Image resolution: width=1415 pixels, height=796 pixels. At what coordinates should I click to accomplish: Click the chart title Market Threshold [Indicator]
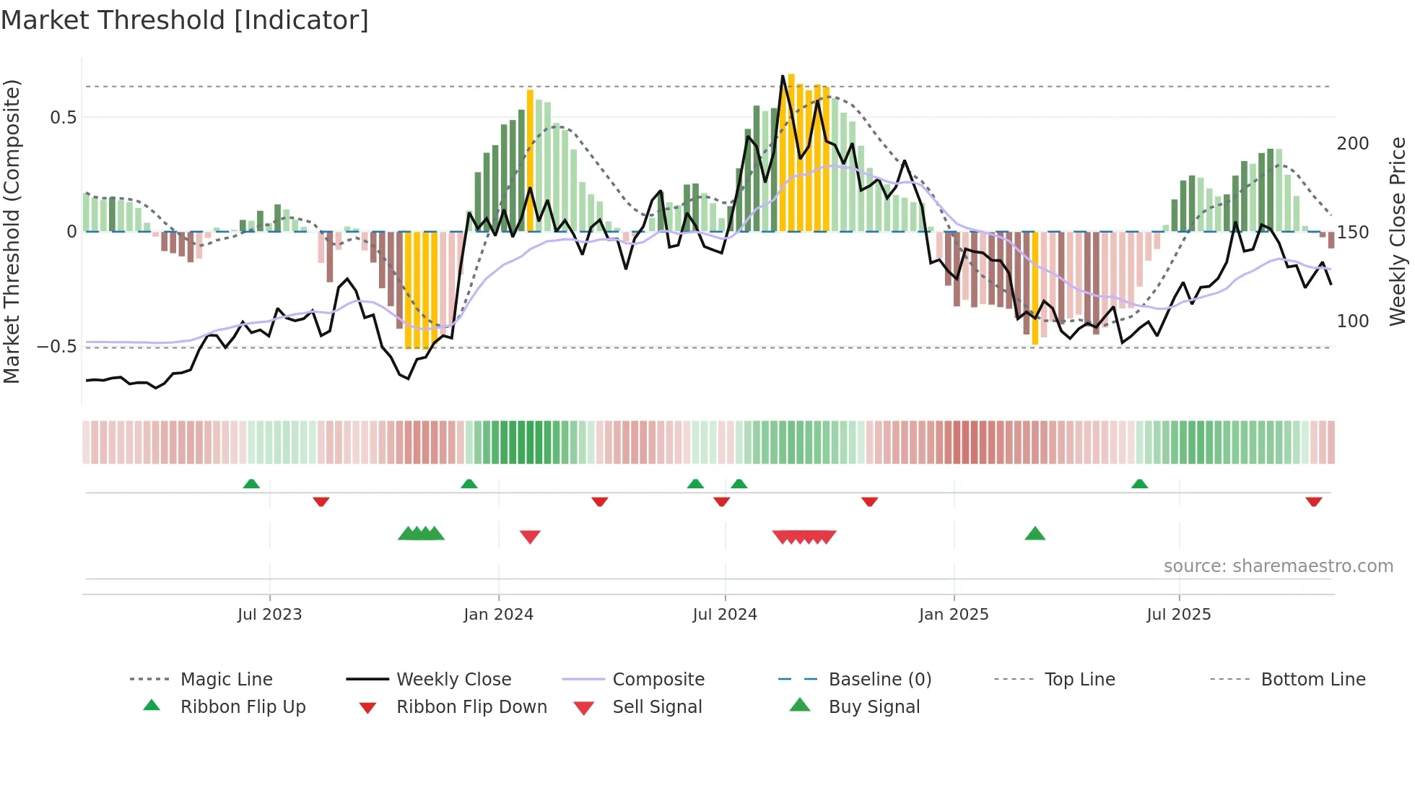pyautogui.click(x=185, y=20)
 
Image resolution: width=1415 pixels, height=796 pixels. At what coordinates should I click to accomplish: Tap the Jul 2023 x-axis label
pyautogui.click(x=269, y=615)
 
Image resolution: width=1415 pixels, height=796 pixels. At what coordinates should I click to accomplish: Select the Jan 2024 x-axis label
pyautogui.click(x=498, y=615)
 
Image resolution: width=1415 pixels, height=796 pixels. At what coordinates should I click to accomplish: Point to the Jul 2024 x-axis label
pyautogui.click(x=725, y=615)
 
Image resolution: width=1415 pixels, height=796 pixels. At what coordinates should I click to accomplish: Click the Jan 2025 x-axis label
pyautogui.click(x=954, y=615)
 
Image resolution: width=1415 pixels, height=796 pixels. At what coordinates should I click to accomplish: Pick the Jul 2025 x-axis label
pyautogui.click(x=1178, y=615)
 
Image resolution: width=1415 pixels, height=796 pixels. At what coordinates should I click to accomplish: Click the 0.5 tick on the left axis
pyautogui.click(x=63, y=118)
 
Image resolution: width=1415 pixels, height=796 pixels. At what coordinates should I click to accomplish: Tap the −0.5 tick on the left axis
pyautogui.click(x=57, y=347)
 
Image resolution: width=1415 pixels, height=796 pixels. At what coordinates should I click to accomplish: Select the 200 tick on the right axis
pyautogui.click(x=1352, y=144)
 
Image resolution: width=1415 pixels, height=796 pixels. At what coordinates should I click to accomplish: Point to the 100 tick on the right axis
pyautogui.click(x=1352, y=321)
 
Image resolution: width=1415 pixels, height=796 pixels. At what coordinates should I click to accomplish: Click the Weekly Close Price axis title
pyautogui.click(x=1398, y=231)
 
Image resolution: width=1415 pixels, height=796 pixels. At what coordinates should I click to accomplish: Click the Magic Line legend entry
pyautogui.click(x=226, y=680)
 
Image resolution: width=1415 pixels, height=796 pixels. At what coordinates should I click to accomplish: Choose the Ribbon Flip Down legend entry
pyautogui.click(x=471, y=707)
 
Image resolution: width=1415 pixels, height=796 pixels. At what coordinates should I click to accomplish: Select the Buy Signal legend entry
pyautogui.click(x=874, y=707)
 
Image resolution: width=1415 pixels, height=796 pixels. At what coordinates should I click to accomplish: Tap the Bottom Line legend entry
pyautogui.click(x=1312, y=680)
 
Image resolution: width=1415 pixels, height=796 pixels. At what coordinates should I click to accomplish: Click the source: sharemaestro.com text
pyautogui.click(x=1278, y=566)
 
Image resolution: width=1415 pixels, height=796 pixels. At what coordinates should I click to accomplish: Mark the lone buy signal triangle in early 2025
pyautogui.click(x=1035, y=534)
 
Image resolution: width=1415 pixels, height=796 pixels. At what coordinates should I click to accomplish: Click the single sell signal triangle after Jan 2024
pyautogui.click(x=530, y=537)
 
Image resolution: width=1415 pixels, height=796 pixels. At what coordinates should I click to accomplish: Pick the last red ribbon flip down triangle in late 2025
pyautogui.click(x=1313, y=501)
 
